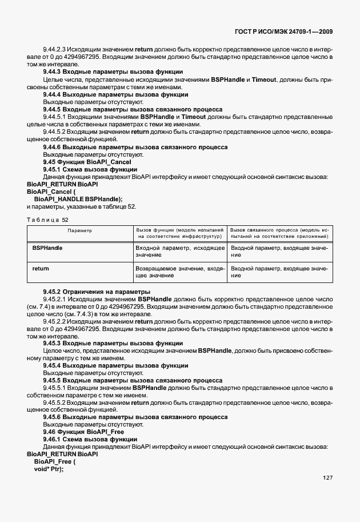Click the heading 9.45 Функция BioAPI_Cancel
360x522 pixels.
tap(87, 162)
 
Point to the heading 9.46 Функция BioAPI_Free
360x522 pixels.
tap(83, 432)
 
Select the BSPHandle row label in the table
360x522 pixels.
tap(47, 248)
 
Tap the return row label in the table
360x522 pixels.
tap(41, 268)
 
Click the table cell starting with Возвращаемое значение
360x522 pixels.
tap(179, 272)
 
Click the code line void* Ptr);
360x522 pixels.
tap(49, 469)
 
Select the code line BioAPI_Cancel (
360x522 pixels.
tap(51, 192)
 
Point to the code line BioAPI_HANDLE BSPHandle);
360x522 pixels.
tap(78, 199)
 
